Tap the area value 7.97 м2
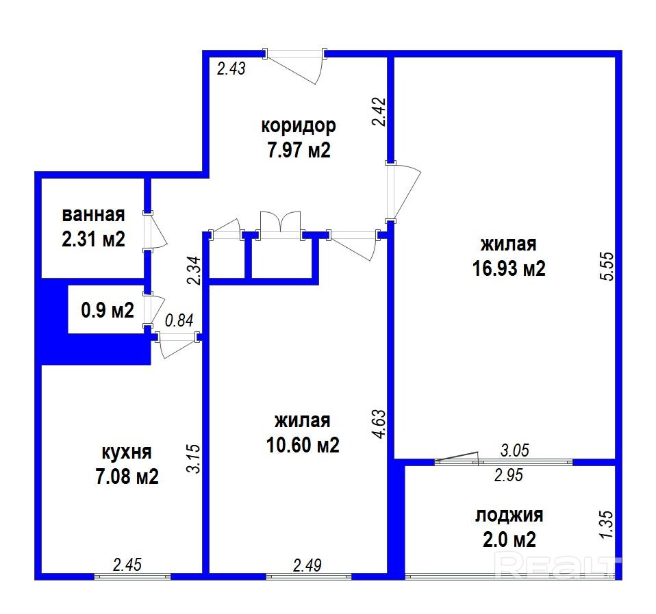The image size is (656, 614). (299, 150)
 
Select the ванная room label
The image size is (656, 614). (93, 215)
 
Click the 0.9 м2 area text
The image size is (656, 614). (108, 310)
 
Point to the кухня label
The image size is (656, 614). (127, 453)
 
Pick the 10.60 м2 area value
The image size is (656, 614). (303, 445)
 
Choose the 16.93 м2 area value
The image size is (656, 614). (509, 268)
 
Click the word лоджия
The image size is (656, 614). (509, 515)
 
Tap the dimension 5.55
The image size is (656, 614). (607, 266)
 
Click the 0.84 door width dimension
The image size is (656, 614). (179, 320)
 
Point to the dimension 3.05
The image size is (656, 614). (515, 450)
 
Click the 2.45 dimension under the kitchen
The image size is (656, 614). (127, 565)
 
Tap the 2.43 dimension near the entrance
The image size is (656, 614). (231, 68)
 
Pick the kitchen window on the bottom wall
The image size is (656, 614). (132, 576)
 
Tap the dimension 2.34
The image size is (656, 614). (195, 270)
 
